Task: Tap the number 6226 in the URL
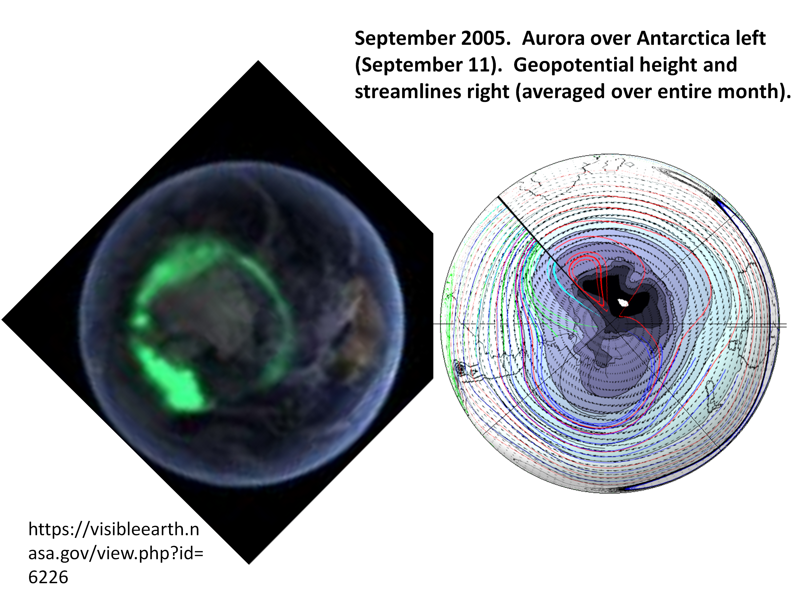coord(48,577)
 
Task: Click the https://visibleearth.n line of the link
coord(114,530)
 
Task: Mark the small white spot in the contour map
coord(623,302)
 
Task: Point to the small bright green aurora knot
coord(140,320)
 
